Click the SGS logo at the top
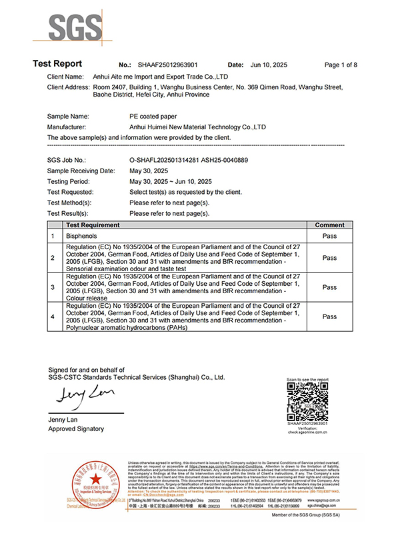[69, 27]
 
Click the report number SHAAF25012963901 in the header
[167, 65]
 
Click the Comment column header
[329, 225]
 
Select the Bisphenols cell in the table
[82, 236]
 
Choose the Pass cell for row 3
[329, 287]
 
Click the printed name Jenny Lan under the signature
[64, 419]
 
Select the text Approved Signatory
[76, 429]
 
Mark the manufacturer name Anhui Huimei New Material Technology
[198, 127]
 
